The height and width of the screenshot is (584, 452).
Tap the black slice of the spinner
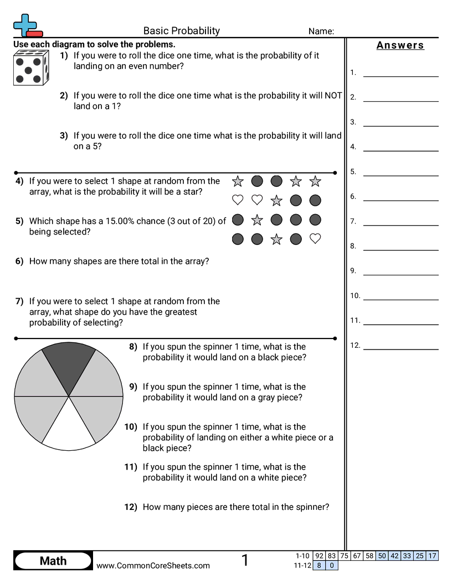(69, 366)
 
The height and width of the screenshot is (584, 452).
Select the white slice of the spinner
(69, 428)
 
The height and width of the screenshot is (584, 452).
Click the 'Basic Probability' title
(182, 31)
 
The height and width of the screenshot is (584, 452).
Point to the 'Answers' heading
(400, 45)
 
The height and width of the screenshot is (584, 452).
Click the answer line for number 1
(400, 75)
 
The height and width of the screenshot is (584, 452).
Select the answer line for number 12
(400, 348)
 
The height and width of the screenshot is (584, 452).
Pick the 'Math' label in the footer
(53, 561)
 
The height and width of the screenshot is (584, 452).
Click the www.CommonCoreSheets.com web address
(153, 565)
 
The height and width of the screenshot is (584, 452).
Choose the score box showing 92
(319, 556)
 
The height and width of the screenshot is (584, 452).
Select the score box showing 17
(433, 556)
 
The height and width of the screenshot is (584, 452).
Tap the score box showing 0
(332, 565)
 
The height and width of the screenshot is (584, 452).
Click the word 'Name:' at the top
(321, 32)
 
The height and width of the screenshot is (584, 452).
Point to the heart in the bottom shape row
(315, 239)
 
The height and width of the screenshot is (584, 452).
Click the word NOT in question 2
(333, 95)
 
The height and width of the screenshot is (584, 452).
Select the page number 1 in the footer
(245, 560)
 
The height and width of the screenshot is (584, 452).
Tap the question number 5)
(19, 221)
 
